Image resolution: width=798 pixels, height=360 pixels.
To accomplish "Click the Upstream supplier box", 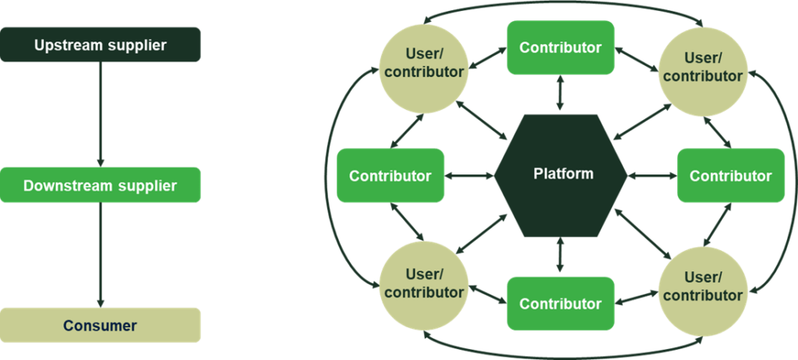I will click(100, 45).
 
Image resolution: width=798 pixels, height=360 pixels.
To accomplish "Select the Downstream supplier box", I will click(100, 185).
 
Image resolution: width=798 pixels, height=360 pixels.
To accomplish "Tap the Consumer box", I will click(100, 326).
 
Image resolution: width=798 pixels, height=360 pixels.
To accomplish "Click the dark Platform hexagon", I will click(561, 175).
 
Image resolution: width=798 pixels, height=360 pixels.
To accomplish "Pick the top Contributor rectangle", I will click(560, 48).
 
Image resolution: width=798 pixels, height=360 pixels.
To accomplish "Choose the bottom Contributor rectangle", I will click(560, 303).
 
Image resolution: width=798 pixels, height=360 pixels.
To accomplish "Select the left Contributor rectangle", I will click(390, 175).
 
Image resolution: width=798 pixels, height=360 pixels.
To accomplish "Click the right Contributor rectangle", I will click(730, 175).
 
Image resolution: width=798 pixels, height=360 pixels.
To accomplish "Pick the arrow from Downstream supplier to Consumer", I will click(100, 254).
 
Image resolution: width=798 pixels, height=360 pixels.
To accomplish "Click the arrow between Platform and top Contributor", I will click(560, 94).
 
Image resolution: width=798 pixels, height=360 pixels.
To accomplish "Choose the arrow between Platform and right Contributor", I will click(651, 175).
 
